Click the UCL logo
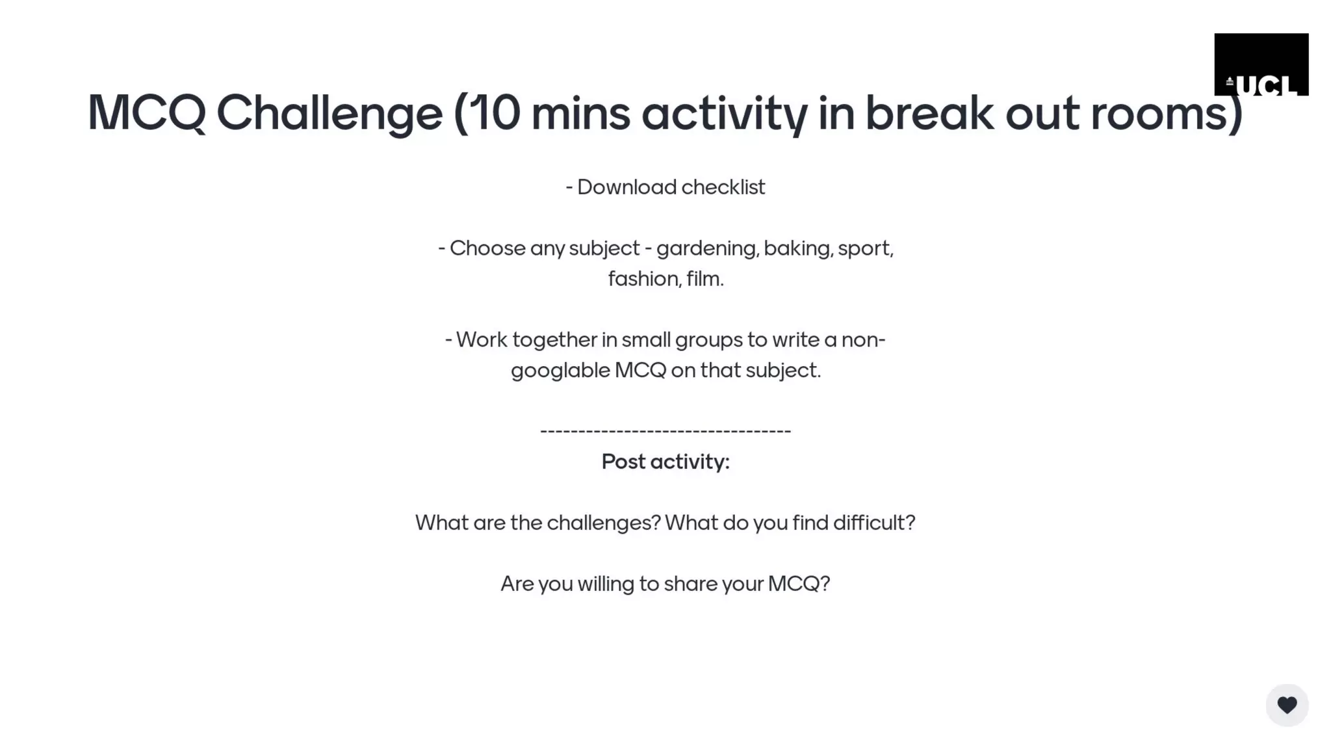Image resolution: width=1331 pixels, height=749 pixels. coord(1261,65)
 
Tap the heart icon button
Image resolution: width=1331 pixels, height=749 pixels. coord(1287,705)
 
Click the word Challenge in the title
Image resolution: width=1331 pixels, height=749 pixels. coord(330,113)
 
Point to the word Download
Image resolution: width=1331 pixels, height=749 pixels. coord(627,187)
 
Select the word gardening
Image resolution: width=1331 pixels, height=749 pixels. coord(707,248)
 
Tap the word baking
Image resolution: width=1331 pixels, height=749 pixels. coord(798,248)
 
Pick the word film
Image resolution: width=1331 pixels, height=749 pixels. coord(704,279)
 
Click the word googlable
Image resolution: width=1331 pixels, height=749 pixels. coord(560,371)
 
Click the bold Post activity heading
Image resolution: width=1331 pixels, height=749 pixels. coord(665,462)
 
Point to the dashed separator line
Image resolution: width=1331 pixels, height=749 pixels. coord(665,431)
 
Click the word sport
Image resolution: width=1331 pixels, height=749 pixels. coord(864,248)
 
